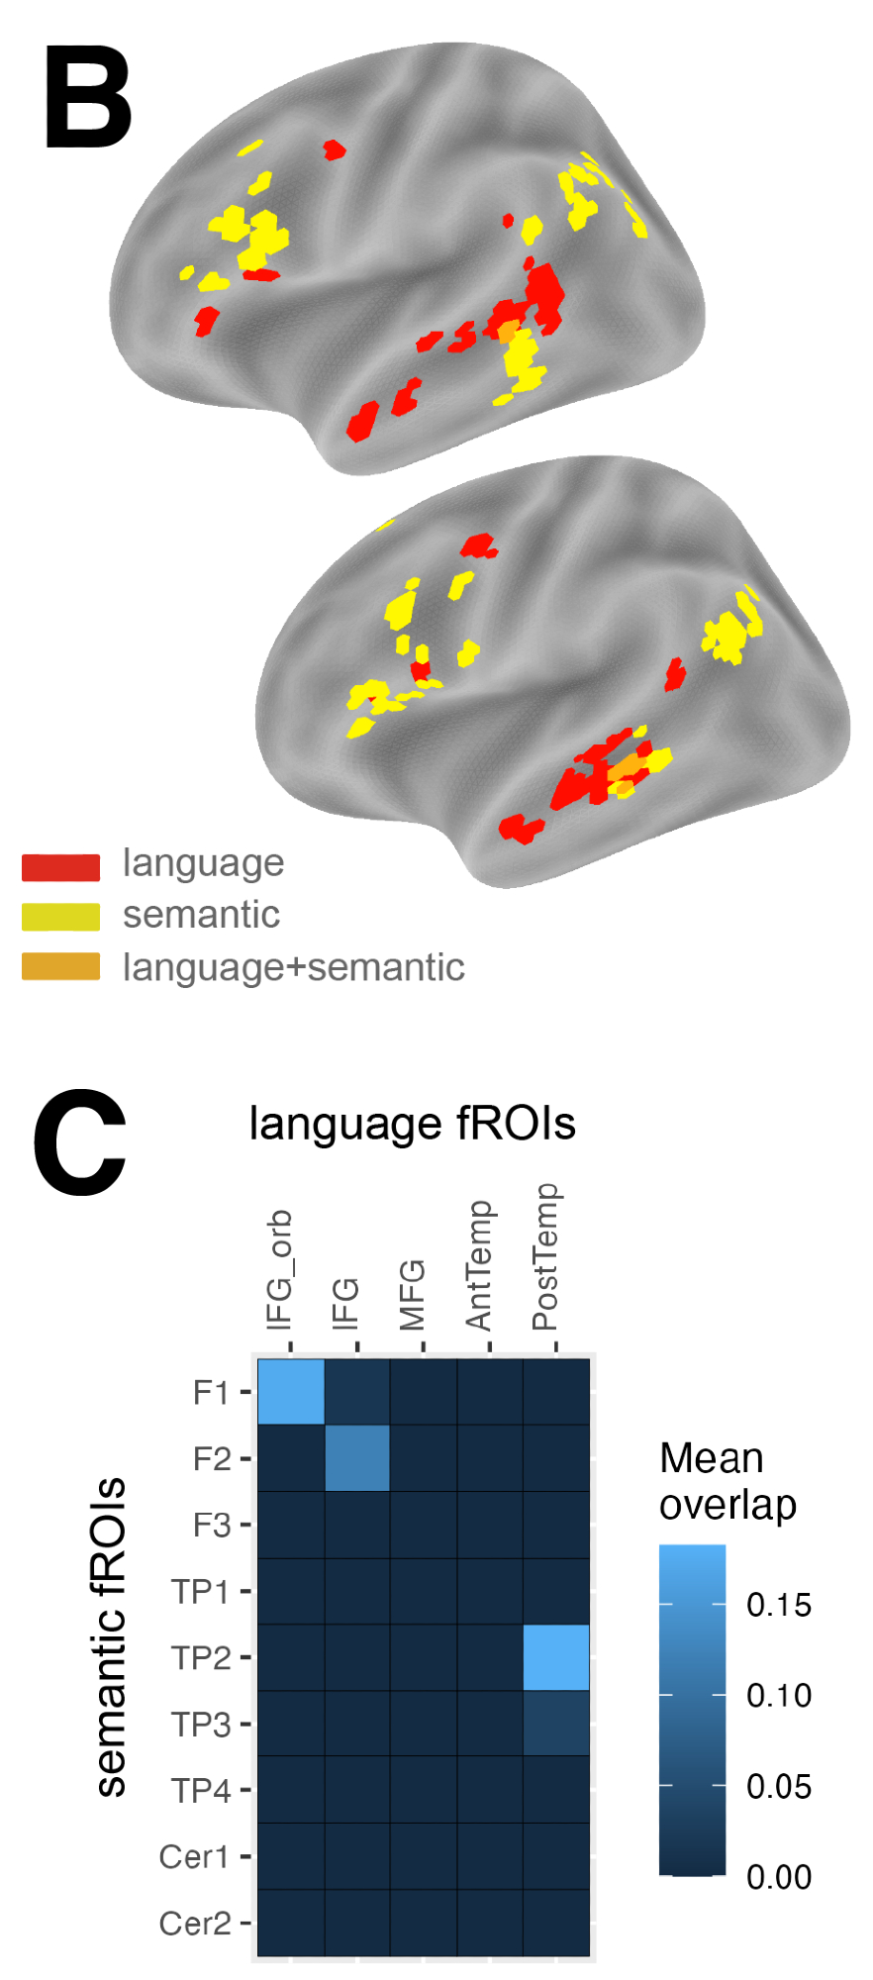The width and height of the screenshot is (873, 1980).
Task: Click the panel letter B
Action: pos(88,99)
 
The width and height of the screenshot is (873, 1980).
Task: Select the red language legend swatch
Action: pos(60,867)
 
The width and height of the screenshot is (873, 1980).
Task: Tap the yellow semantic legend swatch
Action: pos(60,917)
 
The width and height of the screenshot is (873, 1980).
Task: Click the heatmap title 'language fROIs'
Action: pos(412,1124)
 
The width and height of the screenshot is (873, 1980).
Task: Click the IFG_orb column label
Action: pos(280,1270)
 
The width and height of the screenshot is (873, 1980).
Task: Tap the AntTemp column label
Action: pos(479,1265)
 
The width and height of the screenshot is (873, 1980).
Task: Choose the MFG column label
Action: pos(412,1295)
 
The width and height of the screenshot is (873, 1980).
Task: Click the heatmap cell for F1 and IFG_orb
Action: pos(291,1391)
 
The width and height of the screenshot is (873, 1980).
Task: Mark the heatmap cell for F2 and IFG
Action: pos(357,1457)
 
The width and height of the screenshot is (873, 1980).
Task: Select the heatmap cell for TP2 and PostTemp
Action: pos(556,1656)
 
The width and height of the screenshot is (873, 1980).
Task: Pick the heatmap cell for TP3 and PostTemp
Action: pos(556,1723)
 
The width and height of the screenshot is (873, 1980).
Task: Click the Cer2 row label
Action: pos(195,1923)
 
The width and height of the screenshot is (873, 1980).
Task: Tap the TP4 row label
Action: pos(201,1790)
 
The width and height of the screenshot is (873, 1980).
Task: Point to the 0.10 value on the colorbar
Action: pos(779,1695)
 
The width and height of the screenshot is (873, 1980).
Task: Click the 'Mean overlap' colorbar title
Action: pos(727,1481)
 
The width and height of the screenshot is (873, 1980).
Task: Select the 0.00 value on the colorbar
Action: pos(779,1877)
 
